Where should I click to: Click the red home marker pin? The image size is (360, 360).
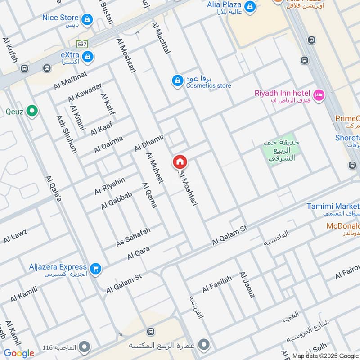pos(180,162)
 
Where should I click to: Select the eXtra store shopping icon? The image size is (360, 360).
pos(89,56)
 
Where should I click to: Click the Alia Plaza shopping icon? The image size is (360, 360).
pos(250,7)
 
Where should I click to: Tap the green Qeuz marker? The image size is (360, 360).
pos(31,111)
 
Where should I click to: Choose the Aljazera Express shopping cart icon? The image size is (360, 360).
pos(95,269)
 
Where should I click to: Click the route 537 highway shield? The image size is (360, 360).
pos(82,44)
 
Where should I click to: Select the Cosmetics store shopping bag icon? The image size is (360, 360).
pos(178,81)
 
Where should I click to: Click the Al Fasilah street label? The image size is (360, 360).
pos(217,284)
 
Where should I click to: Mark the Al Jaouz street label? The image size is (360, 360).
pos(247,285)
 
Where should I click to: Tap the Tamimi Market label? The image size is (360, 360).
pos(333,206)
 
